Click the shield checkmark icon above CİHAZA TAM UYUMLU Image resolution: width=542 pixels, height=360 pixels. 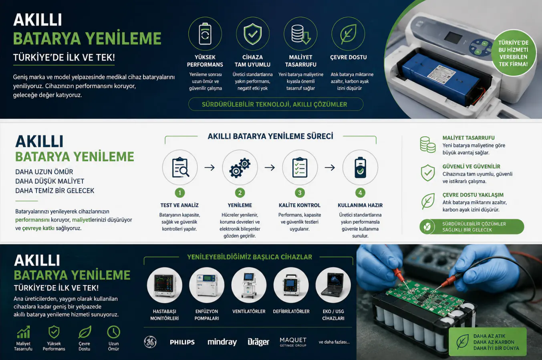pos(252,34)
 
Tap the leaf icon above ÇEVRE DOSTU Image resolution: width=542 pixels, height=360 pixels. pos(348,34)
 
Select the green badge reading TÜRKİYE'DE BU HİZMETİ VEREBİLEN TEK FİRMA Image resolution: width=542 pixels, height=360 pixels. pos(513,53)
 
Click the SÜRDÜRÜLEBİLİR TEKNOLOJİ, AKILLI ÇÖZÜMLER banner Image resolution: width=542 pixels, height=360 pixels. pos(276,104)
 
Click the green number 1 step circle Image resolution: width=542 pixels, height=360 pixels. pos(179,193)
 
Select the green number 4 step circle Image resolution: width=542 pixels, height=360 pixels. pos(360,193)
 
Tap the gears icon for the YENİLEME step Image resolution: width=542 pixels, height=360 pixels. pos(240,168)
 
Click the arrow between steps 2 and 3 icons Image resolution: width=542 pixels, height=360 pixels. pos(270,168)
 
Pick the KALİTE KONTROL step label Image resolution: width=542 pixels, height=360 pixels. pos(300,205)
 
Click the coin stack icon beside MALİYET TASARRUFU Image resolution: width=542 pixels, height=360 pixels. pos(427,145)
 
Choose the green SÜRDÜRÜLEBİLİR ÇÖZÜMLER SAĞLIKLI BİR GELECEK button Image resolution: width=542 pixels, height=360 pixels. pos(471,227)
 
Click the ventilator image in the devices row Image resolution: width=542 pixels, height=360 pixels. pos(249,285)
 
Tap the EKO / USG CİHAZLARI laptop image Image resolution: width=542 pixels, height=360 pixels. pos(333,285)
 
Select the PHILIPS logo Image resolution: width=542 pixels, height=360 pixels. pos(182,342)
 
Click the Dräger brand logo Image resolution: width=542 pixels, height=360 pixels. pos(258,342)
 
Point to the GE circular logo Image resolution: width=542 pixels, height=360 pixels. pos(150,342)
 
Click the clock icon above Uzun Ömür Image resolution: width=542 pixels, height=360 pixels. pos(113,332)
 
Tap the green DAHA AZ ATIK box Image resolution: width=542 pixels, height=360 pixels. pos(488,342)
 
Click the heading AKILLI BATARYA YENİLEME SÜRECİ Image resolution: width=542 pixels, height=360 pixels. pos(270,136)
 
